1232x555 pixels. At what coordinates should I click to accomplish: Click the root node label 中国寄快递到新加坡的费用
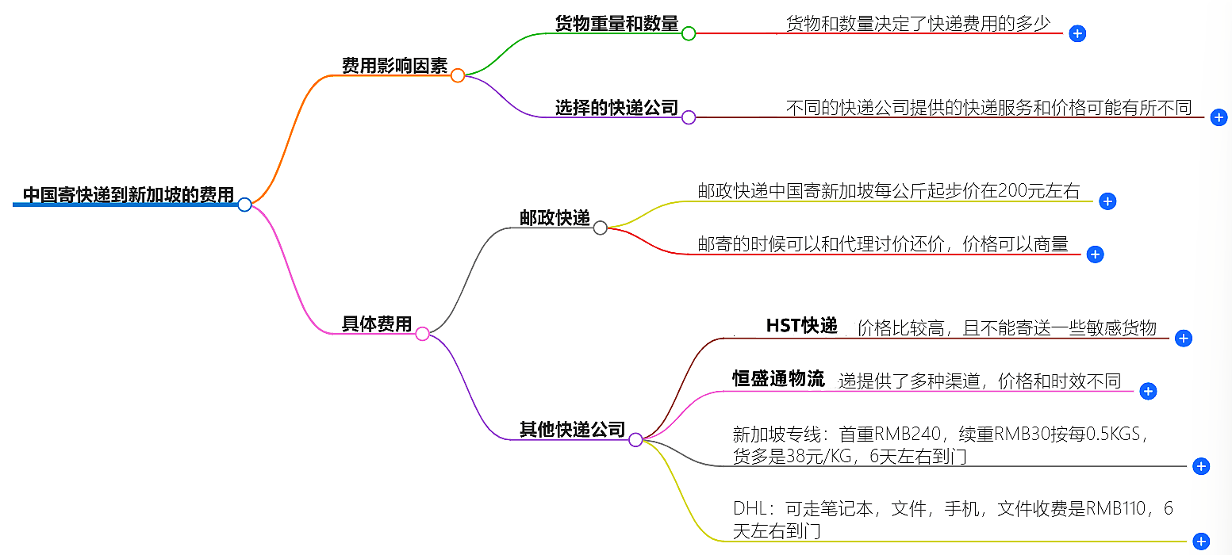(128, 195)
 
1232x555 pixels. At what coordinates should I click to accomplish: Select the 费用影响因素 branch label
(394, 66)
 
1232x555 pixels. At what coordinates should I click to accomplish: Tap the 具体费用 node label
(377, 324)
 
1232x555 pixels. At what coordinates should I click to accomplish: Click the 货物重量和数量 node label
(616, 24)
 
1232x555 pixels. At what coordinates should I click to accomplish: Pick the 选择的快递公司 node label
(616, 108)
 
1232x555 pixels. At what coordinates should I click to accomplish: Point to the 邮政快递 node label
(555, 219)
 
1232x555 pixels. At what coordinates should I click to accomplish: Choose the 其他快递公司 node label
(572, 430)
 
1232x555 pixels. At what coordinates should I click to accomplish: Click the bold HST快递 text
(801, 326)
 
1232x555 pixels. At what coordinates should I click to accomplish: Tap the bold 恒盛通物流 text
(778, 379)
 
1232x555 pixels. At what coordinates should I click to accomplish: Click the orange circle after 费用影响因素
(458, 76)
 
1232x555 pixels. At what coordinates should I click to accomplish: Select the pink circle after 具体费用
(423, 334)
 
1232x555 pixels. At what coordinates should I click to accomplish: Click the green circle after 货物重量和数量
(689, 33)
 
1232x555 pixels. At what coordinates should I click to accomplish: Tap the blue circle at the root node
(244, 205)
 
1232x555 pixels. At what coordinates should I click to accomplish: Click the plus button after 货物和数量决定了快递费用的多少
(1077, 33)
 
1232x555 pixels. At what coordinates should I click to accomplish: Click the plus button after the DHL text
(1201, 542)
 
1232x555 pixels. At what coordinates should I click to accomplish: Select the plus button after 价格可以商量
(1095, 254)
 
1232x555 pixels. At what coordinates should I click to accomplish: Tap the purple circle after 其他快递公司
(635, 439)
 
